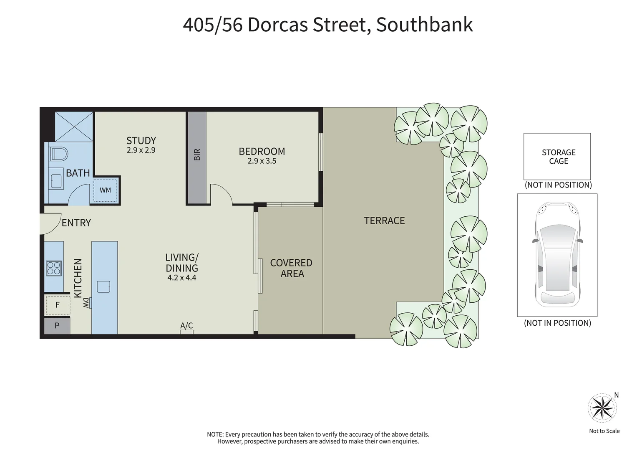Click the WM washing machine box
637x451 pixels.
pos(105,190)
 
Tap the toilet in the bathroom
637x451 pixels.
pos(59,154)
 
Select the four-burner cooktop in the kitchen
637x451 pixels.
pos(54,268)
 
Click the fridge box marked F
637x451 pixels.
pos(58,305)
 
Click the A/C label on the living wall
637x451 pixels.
pos(186,326)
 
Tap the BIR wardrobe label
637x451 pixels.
pos(197,155)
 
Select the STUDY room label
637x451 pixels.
pos(141,141)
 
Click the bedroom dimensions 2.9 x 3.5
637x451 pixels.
pos(262,161)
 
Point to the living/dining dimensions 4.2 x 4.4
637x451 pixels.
pos(182,277)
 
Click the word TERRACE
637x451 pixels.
pos(384,220)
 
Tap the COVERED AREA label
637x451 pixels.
pos(291,268)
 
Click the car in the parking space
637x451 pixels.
pos(557,255)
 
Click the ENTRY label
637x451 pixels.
pos(76,223)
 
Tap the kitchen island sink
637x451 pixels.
pos(103,286)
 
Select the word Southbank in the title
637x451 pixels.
pos(424,25)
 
